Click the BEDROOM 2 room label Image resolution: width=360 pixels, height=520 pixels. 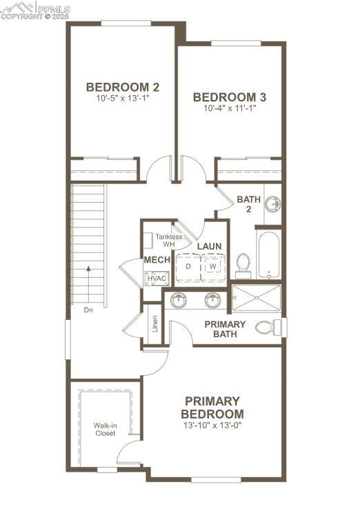tap(123, 87)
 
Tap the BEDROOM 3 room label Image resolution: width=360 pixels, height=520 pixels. tap(230, 97)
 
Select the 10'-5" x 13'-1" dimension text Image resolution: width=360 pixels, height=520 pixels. tap(123, 99)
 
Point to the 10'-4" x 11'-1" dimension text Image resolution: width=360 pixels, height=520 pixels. tap(230, 108)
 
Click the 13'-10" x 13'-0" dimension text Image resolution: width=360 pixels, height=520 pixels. tap(212, 426)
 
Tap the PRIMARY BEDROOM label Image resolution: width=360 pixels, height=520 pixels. tap(212, 407)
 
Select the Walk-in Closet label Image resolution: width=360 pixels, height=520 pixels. tap(105, 430)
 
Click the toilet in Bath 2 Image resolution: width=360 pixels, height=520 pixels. tap(243, 264)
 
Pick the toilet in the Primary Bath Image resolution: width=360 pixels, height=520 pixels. tap(267, 327)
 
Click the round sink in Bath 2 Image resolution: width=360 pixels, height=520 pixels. tap(273, 204)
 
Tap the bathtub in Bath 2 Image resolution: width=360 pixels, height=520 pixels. tap(268, 254)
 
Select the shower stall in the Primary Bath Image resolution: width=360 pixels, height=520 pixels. tap(257, 299)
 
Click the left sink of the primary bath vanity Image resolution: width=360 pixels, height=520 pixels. tap(178, 300)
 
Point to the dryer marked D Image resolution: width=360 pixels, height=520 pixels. tap(188, 266)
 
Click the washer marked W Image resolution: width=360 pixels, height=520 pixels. tap(213, 266)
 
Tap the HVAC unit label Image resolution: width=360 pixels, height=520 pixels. tap(157, 278)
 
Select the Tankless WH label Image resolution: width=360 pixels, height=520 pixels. tap(168, 241)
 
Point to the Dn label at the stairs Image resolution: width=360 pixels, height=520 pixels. tap(88, 310)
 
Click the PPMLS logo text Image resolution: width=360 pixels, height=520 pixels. tap(53, 8)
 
